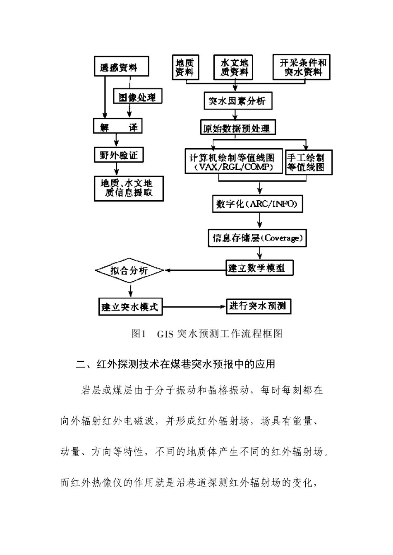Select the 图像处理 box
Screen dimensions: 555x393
click(137, 97)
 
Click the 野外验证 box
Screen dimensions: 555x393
click(118, 156)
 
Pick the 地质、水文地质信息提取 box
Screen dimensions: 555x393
click(129, 188)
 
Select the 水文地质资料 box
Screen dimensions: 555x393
click(234, 67)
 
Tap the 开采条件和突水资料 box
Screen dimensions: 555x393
click(303, 67)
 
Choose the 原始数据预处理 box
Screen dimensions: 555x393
click(237, 128)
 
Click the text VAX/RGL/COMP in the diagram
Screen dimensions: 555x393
click(235, 167)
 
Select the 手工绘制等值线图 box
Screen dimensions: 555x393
click(306, 162)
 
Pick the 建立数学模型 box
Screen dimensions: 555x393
click(259, 268)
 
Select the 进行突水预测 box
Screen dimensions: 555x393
click(258, 306)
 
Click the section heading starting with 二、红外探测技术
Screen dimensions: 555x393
click(175, 364)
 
